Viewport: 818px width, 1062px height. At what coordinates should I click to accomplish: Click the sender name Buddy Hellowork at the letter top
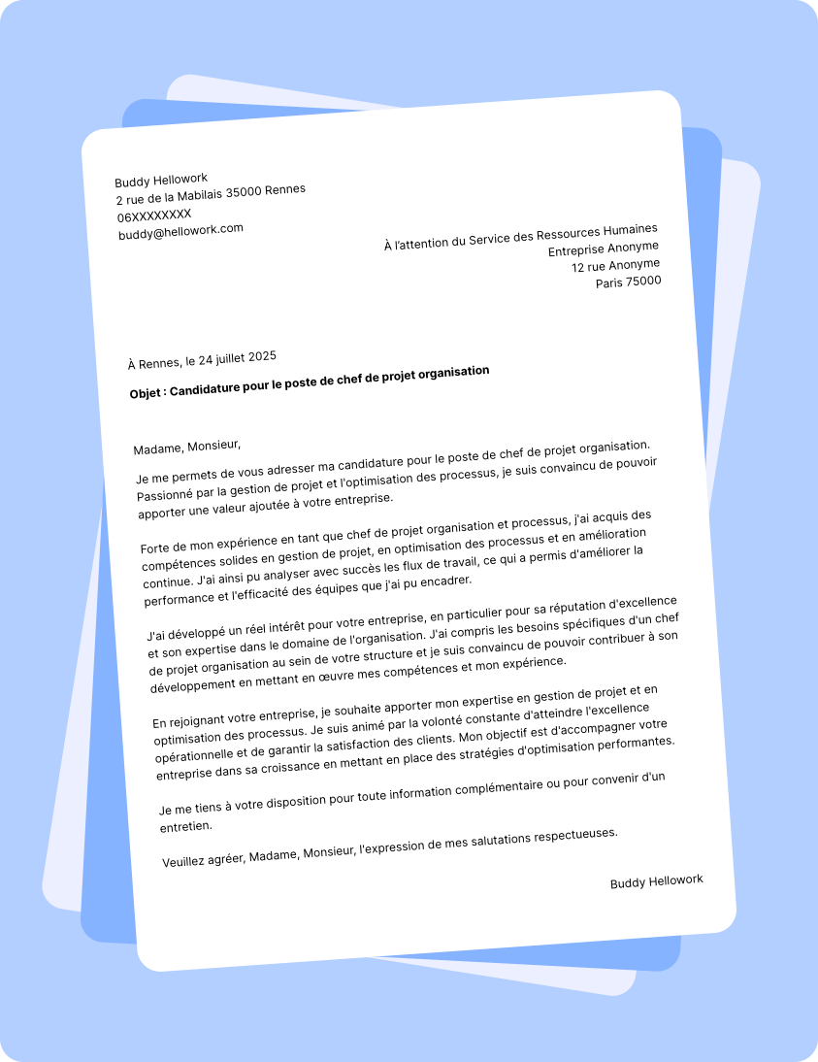[161, 180]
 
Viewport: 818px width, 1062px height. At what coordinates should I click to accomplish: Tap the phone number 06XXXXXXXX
[154, 215]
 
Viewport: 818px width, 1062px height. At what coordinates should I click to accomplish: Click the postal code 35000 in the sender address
[244, 191]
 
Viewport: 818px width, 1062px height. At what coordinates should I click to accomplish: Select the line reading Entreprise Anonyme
[604, 249]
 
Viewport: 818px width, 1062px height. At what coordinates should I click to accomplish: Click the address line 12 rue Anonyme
[615, 265]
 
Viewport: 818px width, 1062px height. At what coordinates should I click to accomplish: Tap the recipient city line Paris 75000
[628, 282]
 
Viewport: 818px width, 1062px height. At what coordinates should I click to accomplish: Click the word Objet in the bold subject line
[147, 393]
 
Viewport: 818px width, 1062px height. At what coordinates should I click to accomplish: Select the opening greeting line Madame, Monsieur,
[186, 447]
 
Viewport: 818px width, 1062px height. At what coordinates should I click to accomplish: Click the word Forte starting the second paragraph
[157, 548]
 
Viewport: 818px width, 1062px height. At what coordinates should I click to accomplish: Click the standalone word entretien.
[185, 826]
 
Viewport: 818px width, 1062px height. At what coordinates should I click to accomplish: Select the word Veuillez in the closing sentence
[185, 860]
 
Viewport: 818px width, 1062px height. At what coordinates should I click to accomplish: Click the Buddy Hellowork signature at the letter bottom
[656, 881]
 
